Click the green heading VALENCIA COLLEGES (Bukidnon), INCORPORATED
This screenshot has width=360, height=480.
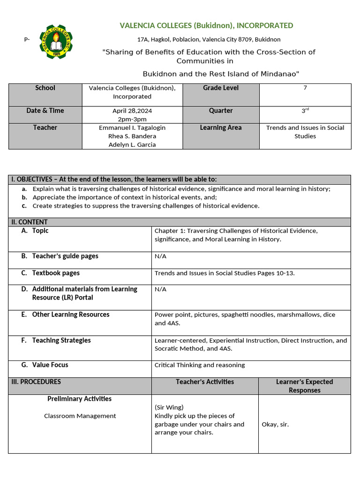click(206, 26)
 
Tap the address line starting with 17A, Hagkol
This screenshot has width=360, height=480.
click(209, 40)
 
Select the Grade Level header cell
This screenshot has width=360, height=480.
click(221, 88)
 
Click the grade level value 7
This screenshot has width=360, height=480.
click(305, 88)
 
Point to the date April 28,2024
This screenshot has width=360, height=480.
click(132, 111)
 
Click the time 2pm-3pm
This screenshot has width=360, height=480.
click(132, 120)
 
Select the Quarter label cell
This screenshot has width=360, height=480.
click(221, 111)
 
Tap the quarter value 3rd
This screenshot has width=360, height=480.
click(305, 111)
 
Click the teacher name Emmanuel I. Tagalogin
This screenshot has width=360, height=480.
click(132, 128)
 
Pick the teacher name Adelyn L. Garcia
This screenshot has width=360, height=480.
click(132, 145)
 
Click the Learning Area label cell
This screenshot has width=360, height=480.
click(221, 128)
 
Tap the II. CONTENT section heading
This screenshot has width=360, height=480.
click(30, 222)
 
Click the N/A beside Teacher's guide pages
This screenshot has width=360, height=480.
click(160, 256)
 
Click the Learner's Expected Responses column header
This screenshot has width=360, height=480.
click(304, 386)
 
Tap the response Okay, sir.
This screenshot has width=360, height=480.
click(275, 425)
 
